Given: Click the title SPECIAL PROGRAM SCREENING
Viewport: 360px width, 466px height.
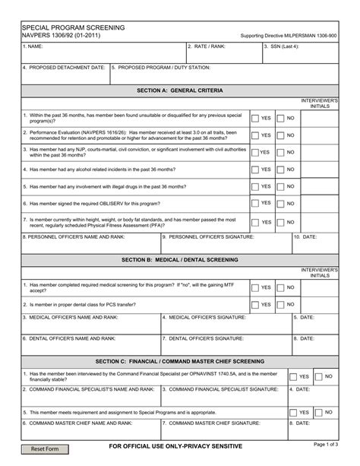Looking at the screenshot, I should [73, 27].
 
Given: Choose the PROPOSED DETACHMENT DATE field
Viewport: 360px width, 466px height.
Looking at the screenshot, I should [65, 75].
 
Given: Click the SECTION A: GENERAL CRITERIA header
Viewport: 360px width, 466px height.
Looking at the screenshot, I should [180, 90].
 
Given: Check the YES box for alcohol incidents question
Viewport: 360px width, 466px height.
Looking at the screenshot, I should [254, 170].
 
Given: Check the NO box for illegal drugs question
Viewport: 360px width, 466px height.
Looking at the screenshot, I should [280, 186].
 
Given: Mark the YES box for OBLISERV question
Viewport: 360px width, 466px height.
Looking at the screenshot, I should [254, 204].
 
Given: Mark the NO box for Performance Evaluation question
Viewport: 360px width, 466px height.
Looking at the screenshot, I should [280, 135].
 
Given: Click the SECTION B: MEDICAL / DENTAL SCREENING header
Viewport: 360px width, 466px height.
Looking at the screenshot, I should [180, 260].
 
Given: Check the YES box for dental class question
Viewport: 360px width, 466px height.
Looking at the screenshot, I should [254, 304].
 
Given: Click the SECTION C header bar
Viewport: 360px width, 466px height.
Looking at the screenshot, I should [180, 361].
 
